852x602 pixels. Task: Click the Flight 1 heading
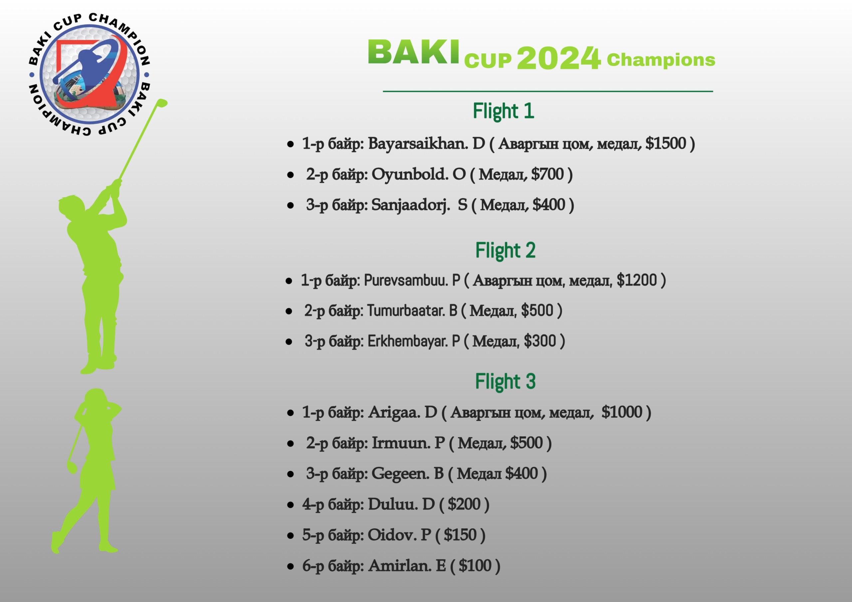tap(503, 111)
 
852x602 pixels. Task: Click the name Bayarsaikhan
tap(417, 144)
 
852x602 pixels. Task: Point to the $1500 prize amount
tap(666, 143)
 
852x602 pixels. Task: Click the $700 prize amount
tap(547, 174)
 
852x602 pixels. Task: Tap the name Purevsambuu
tap(406, 280)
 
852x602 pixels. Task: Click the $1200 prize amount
tap(637, 280)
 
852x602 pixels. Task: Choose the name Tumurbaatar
tap(406, 310)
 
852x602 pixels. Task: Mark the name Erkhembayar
tap(407, 341)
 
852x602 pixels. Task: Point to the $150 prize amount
tap(460, 535)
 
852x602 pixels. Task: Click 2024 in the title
tap(558, 58)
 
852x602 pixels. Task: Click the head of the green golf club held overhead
tap(162, 103)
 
